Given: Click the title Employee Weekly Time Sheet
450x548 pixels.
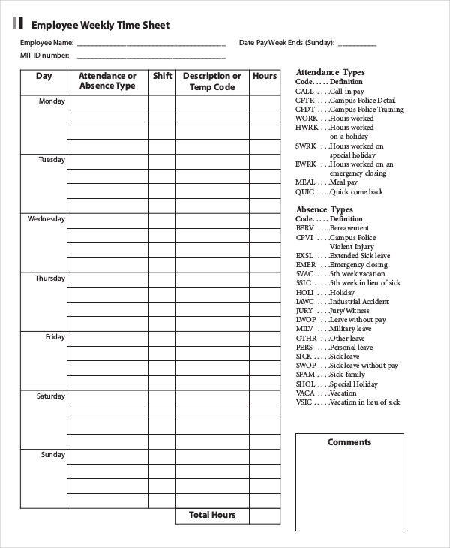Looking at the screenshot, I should (100, 25).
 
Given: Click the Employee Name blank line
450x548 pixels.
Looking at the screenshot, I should (151, 44).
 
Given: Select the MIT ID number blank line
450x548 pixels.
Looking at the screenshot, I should (151, 57).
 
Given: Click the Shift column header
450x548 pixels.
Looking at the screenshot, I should (162, 76).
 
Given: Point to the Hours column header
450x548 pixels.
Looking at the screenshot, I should (264, 76).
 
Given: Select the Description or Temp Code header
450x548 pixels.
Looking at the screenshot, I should (211, 81).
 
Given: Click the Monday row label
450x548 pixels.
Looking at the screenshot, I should (52, 101).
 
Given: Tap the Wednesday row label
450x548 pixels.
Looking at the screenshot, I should (46, 219).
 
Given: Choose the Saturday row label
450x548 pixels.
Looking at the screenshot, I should (51, 396).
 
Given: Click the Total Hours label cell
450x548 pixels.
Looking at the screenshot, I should (212, 515).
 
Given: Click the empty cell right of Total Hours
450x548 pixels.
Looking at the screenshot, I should (264, 516).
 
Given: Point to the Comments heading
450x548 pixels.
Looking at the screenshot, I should (349, 442).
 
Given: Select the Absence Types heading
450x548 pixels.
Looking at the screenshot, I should (324, 209).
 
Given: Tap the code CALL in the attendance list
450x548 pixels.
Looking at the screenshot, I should (304, 91).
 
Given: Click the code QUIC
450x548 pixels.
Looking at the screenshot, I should (304, 191).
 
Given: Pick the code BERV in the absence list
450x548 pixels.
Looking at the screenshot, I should (304, 228).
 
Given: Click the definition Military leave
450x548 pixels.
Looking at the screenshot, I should (350, 329).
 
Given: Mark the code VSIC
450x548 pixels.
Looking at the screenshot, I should (304, 402).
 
